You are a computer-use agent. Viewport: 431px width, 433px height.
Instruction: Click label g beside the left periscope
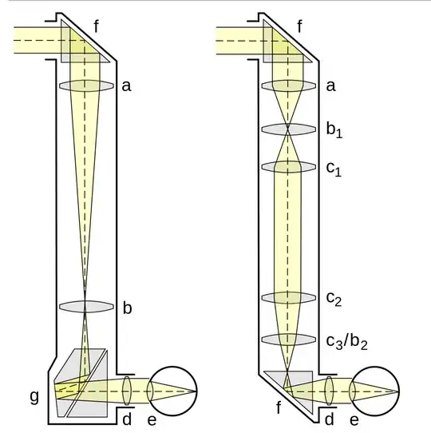(x=34, y=397)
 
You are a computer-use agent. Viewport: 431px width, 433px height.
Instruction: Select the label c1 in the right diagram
(x=334, y=169)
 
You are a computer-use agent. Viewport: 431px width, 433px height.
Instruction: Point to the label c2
(x=334, y=299)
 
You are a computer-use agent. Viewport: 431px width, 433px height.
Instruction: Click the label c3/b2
(x=347, y=342)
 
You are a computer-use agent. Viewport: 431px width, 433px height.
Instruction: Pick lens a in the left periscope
(x=86, y=85)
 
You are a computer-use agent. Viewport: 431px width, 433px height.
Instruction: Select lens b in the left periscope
(x=86, y=306)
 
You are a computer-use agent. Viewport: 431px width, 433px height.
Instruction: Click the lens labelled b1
(x=289, y=129)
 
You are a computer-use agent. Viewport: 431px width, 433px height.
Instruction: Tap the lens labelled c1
(x=289, y=167)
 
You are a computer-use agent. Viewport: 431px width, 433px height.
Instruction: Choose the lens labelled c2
(x=289, y=298)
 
